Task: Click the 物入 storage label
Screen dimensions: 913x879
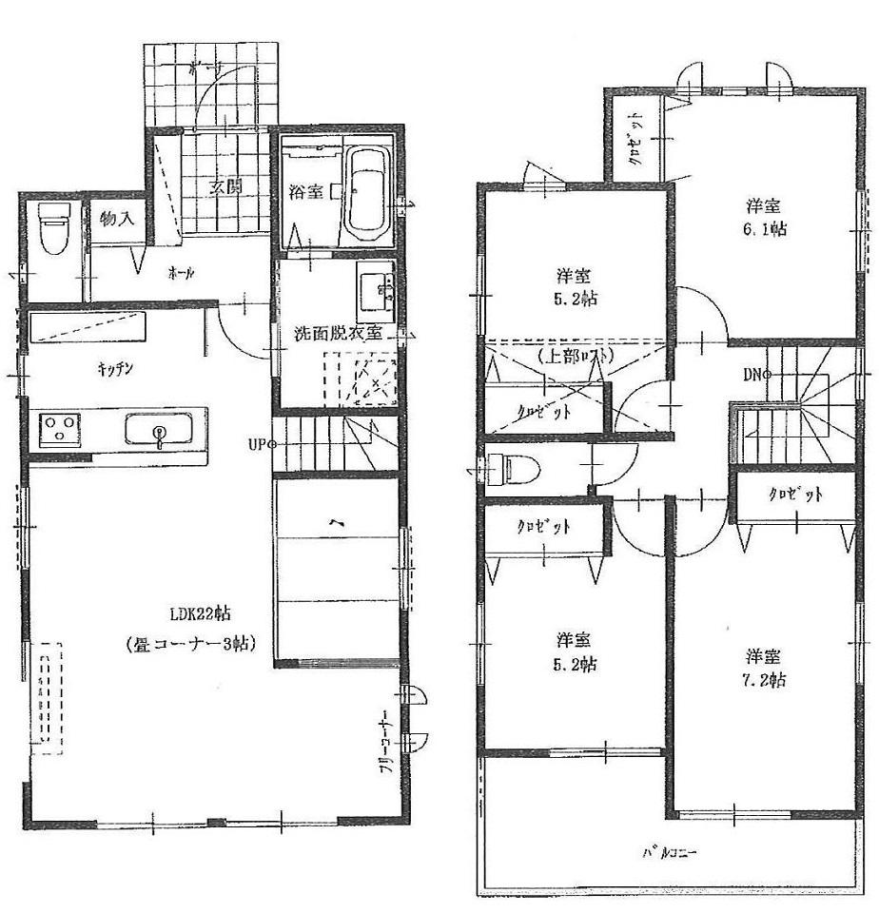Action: click(118, 219)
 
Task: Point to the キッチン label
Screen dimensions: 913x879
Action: click(111, 371)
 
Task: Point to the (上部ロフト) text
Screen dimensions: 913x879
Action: click(574, 356)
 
